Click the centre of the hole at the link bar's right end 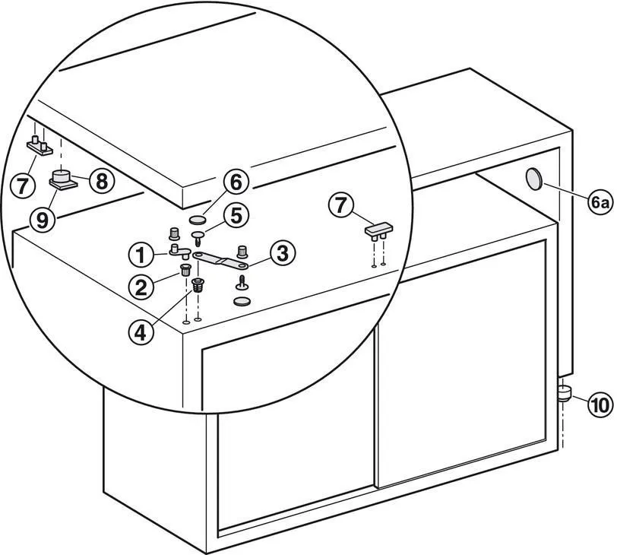(x=242, y=266)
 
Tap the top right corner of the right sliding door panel (x=546, y=240)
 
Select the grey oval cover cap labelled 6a (x=534, y=179)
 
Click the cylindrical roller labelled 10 (x=565, y=393)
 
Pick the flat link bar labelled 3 (x=220, y=261)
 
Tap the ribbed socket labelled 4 (x=198, y=284)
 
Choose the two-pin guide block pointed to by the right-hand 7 (x=378, y=231)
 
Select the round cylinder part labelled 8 (x=62, y=176)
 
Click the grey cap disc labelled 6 (x=197, y=219)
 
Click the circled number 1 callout (x=141, y=255)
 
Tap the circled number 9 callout (x=43, y=219)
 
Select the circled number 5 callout (x=236, y=216)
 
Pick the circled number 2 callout (x=141, y=287)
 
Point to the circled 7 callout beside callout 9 (x=22, y=185)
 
